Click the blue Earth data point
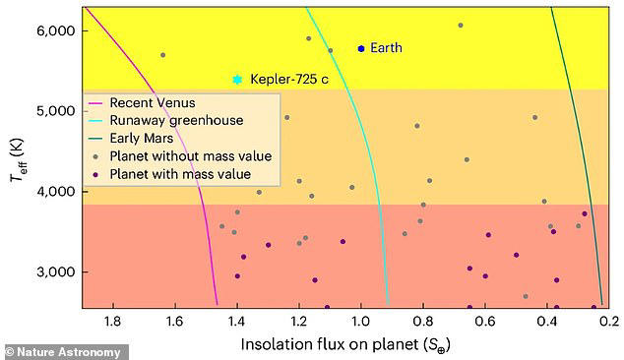(x=361, y=48)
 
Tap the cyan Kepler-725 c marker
(x=237, y=80)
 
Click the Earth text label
(x=386, y=48)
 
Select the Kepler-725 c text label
(x=292, y=80)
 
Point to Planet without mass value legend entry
(x=190, y=156)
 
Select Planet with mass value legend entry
(x=180, y=174)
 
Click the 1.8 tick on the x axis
(x=112, y=320)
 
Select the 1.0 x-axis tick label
(x=361, y=320)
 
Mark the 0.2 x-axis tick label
(x=609, y=320)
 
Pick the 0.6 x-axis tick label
(x=485, y=320)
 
